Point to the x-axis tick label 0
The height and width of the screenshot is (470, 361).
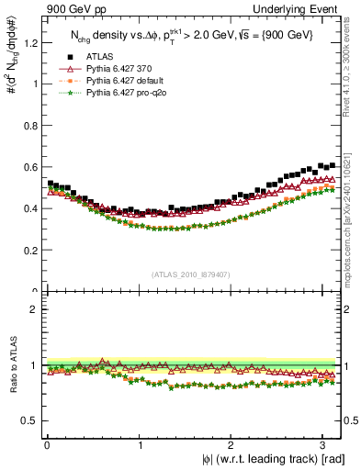tap(46, 445)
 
